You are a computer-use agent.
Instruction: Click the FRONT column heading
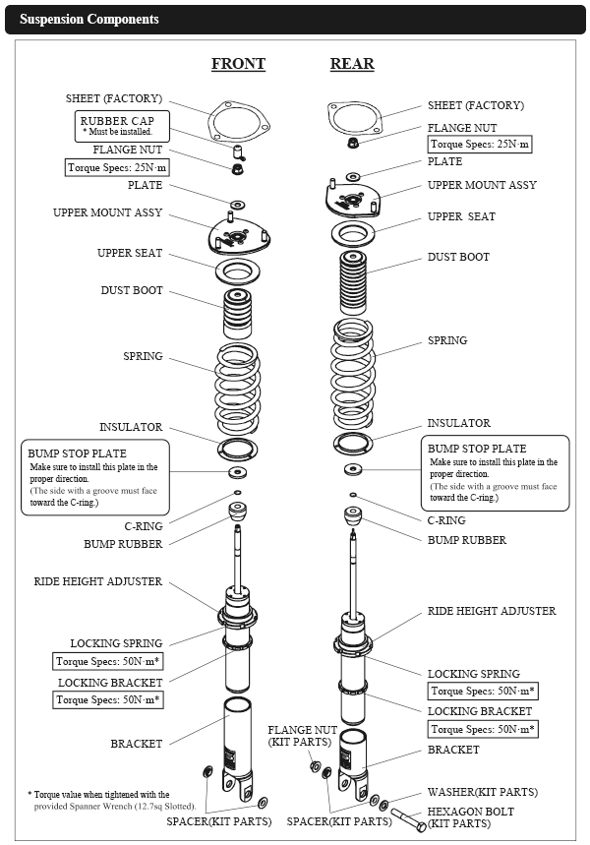point(238,64)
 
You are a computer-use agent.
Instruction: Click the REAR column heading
point(351,64)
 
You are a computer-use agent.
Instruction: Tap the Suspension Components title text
point(88,20)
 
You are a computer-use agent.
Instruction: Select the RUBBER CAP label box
point(123,125)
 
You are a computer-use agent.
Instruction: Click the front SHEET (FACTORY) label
point(114,99)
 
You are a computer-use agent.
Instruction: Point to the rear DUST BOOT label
point(458,257)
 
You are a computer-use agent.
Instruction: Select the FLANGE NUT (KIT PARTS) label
point(303,736)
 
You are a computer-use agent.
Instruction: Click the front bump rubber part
point(237,513)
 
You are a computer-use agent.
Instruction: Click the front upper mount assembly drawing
point(235,235)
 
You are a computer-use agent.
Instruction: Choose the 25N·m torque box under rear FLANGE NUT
point(480,144)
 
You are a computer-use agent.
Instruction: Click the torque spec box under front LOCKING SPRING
point(108,661)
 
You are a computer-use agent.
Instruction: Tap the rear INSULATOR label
point(458,423)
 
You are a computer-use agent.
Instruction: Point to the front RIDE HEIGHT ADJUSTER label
point(97,581)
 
